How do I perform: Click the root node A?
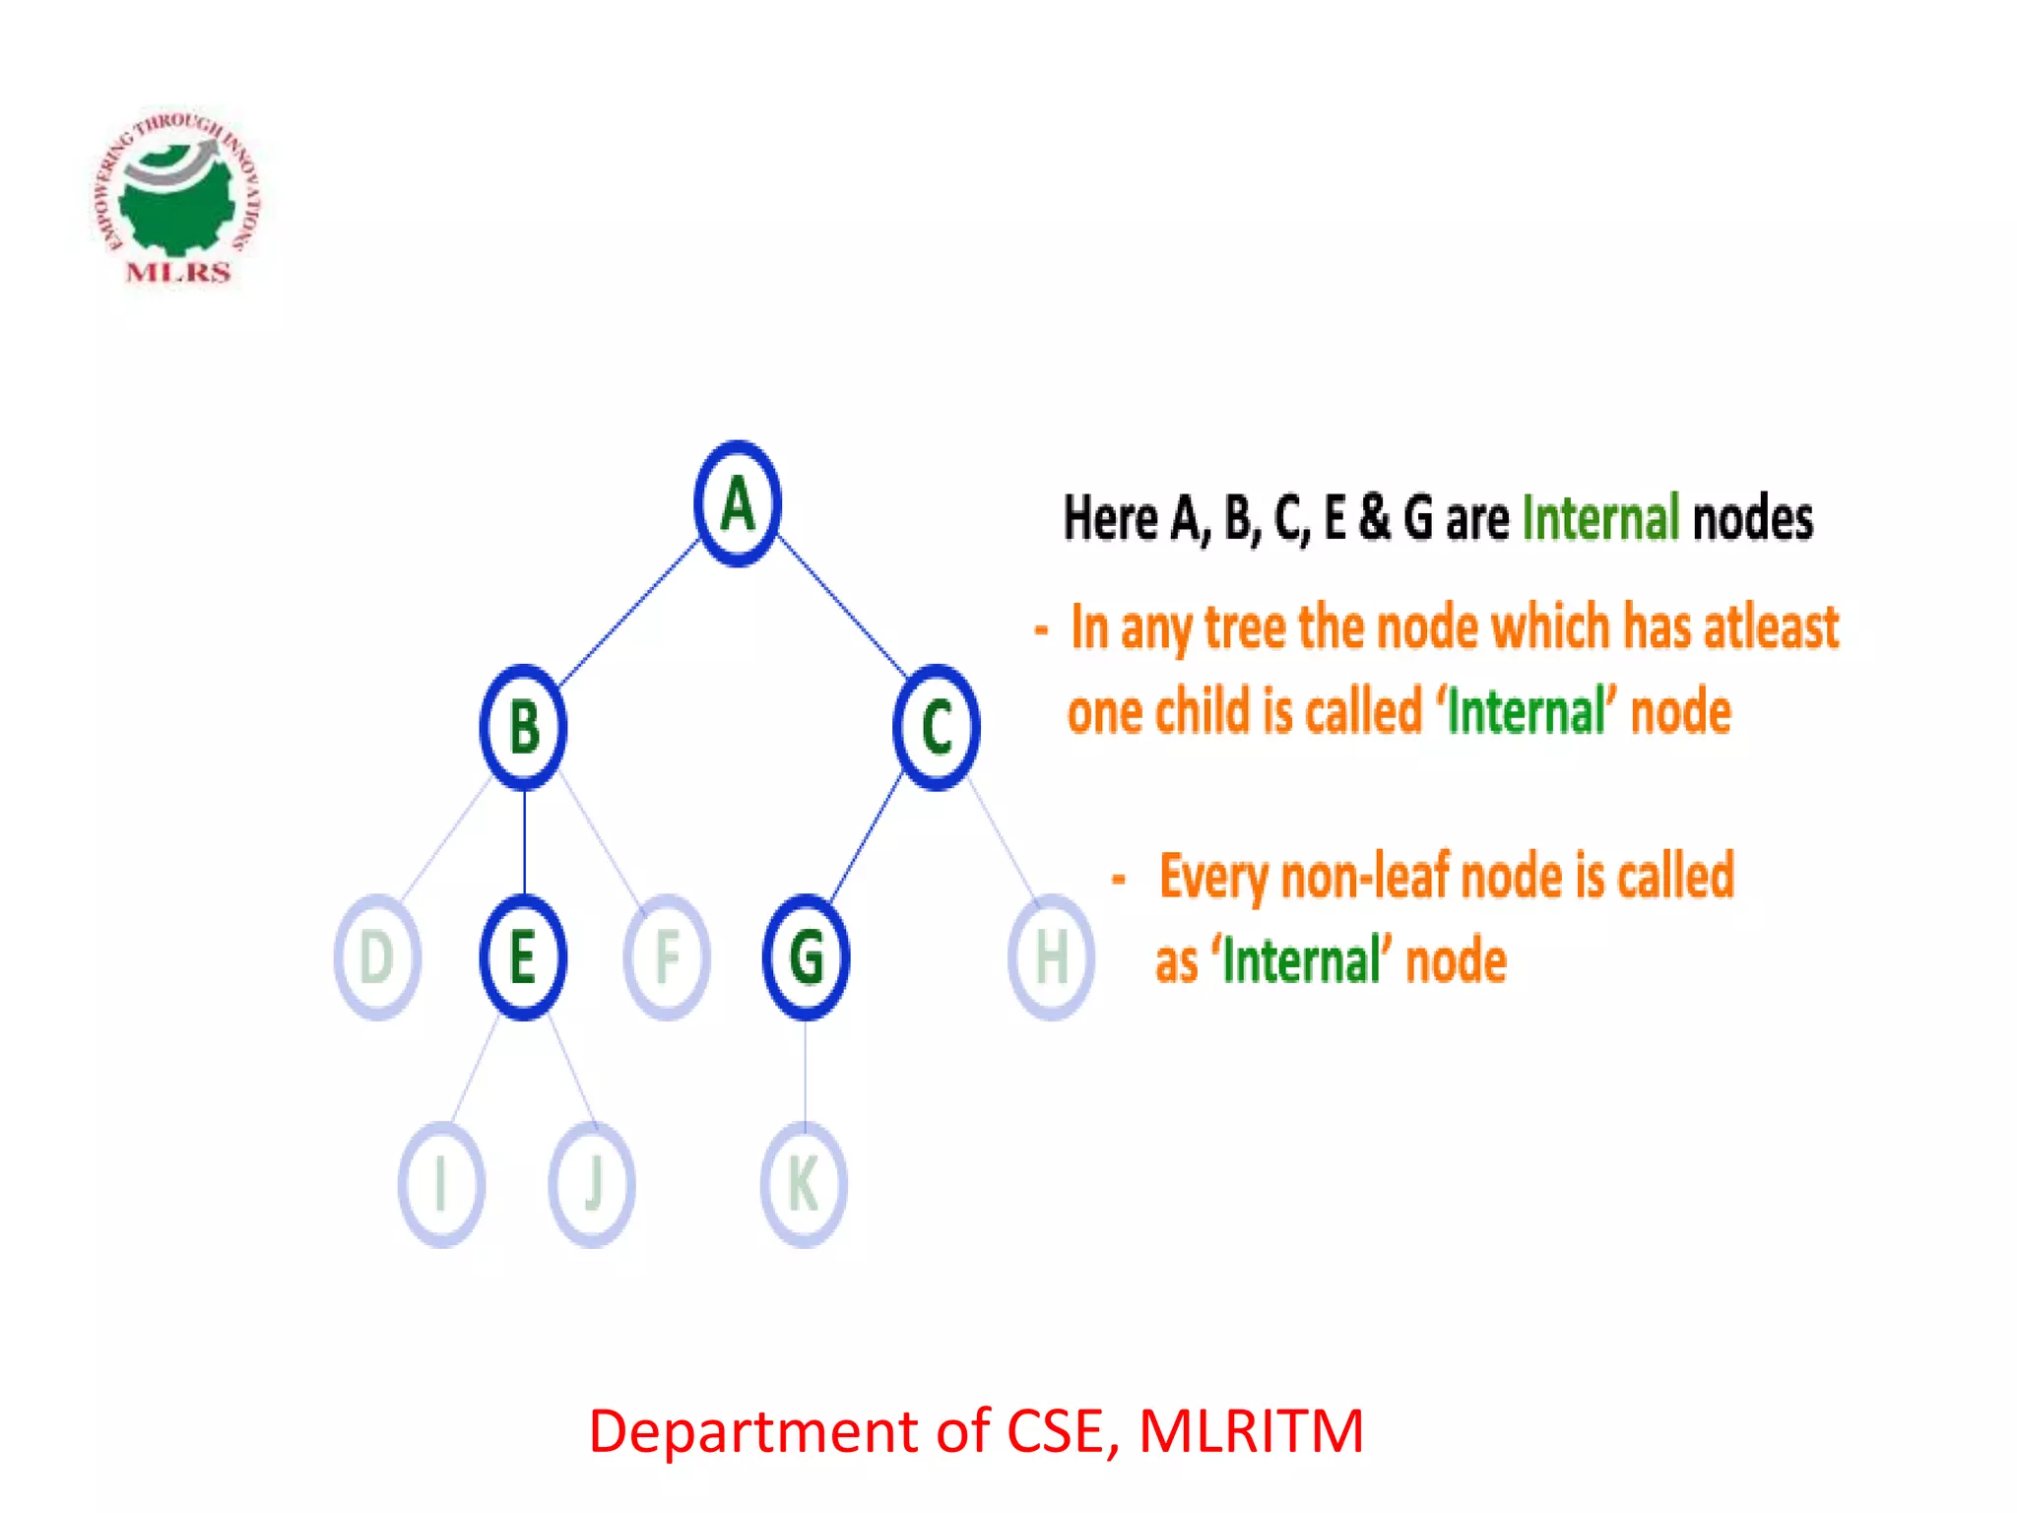[x=738, y=503]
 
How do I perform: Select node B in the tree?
[x=524, y=728]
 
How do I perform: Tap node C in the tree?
[x=937, y=728]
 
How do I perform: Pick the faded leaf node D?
[x=377, y=956]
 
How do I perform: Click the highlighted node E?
[x=523, y=956]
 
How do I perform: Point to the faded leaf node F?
[x=667, y=956]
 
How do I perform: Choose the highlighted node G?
[x=806, y=956]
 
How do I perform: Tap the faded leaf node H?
[x=1051, y=956]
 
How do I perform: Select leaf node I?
[x=441, y=1183]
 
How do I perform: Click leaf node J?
[x=592, y=1183]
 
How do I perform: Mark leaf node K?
[x=804, y=1183]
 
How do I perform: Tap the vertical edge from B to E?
[x=524, y=842]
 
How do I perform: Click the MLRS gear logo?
[x=177, y=197]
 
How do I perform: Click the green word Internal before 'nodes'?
[x=1599, y=518]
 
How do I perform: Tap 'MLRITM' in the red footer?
[x=1251, y=1430]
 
